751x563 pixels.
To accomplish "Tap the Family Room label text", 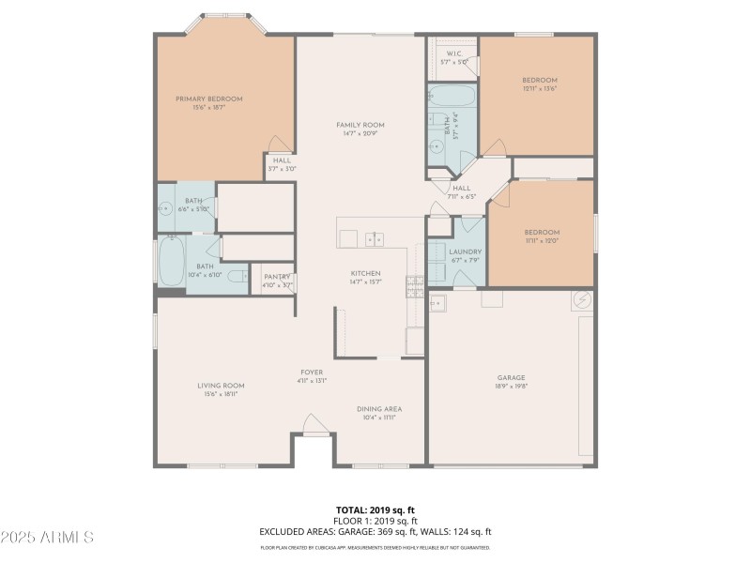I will coord(360,125).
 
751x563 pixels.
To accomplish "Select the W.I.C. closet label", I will coord(453,53).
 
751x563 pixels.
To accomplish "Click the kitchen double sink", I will coord(375,239).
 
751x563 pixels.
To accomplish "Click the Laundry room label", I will coord(465,251).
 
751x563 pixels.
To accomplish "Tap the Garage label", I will coord(511,378).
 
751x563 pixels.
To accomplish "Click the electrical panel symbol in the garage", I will coord(582,301).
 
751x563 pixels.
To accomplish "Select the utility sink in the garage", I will coord(437,303).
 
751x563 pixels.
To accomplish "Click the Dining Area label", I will coord(379,409).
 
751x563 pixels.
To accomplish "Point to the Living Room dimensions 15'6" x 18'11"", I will coord(221,394).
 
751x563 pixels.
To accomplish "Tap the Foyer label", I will coord(312,373).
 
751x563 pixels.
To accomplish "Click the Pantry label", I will coord(277,277).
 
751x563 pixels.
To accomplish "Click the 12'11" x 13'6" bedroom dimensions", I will coord(540,89).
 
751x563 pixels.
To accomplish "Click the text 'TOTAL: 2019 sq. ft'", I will coord(375,510).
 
